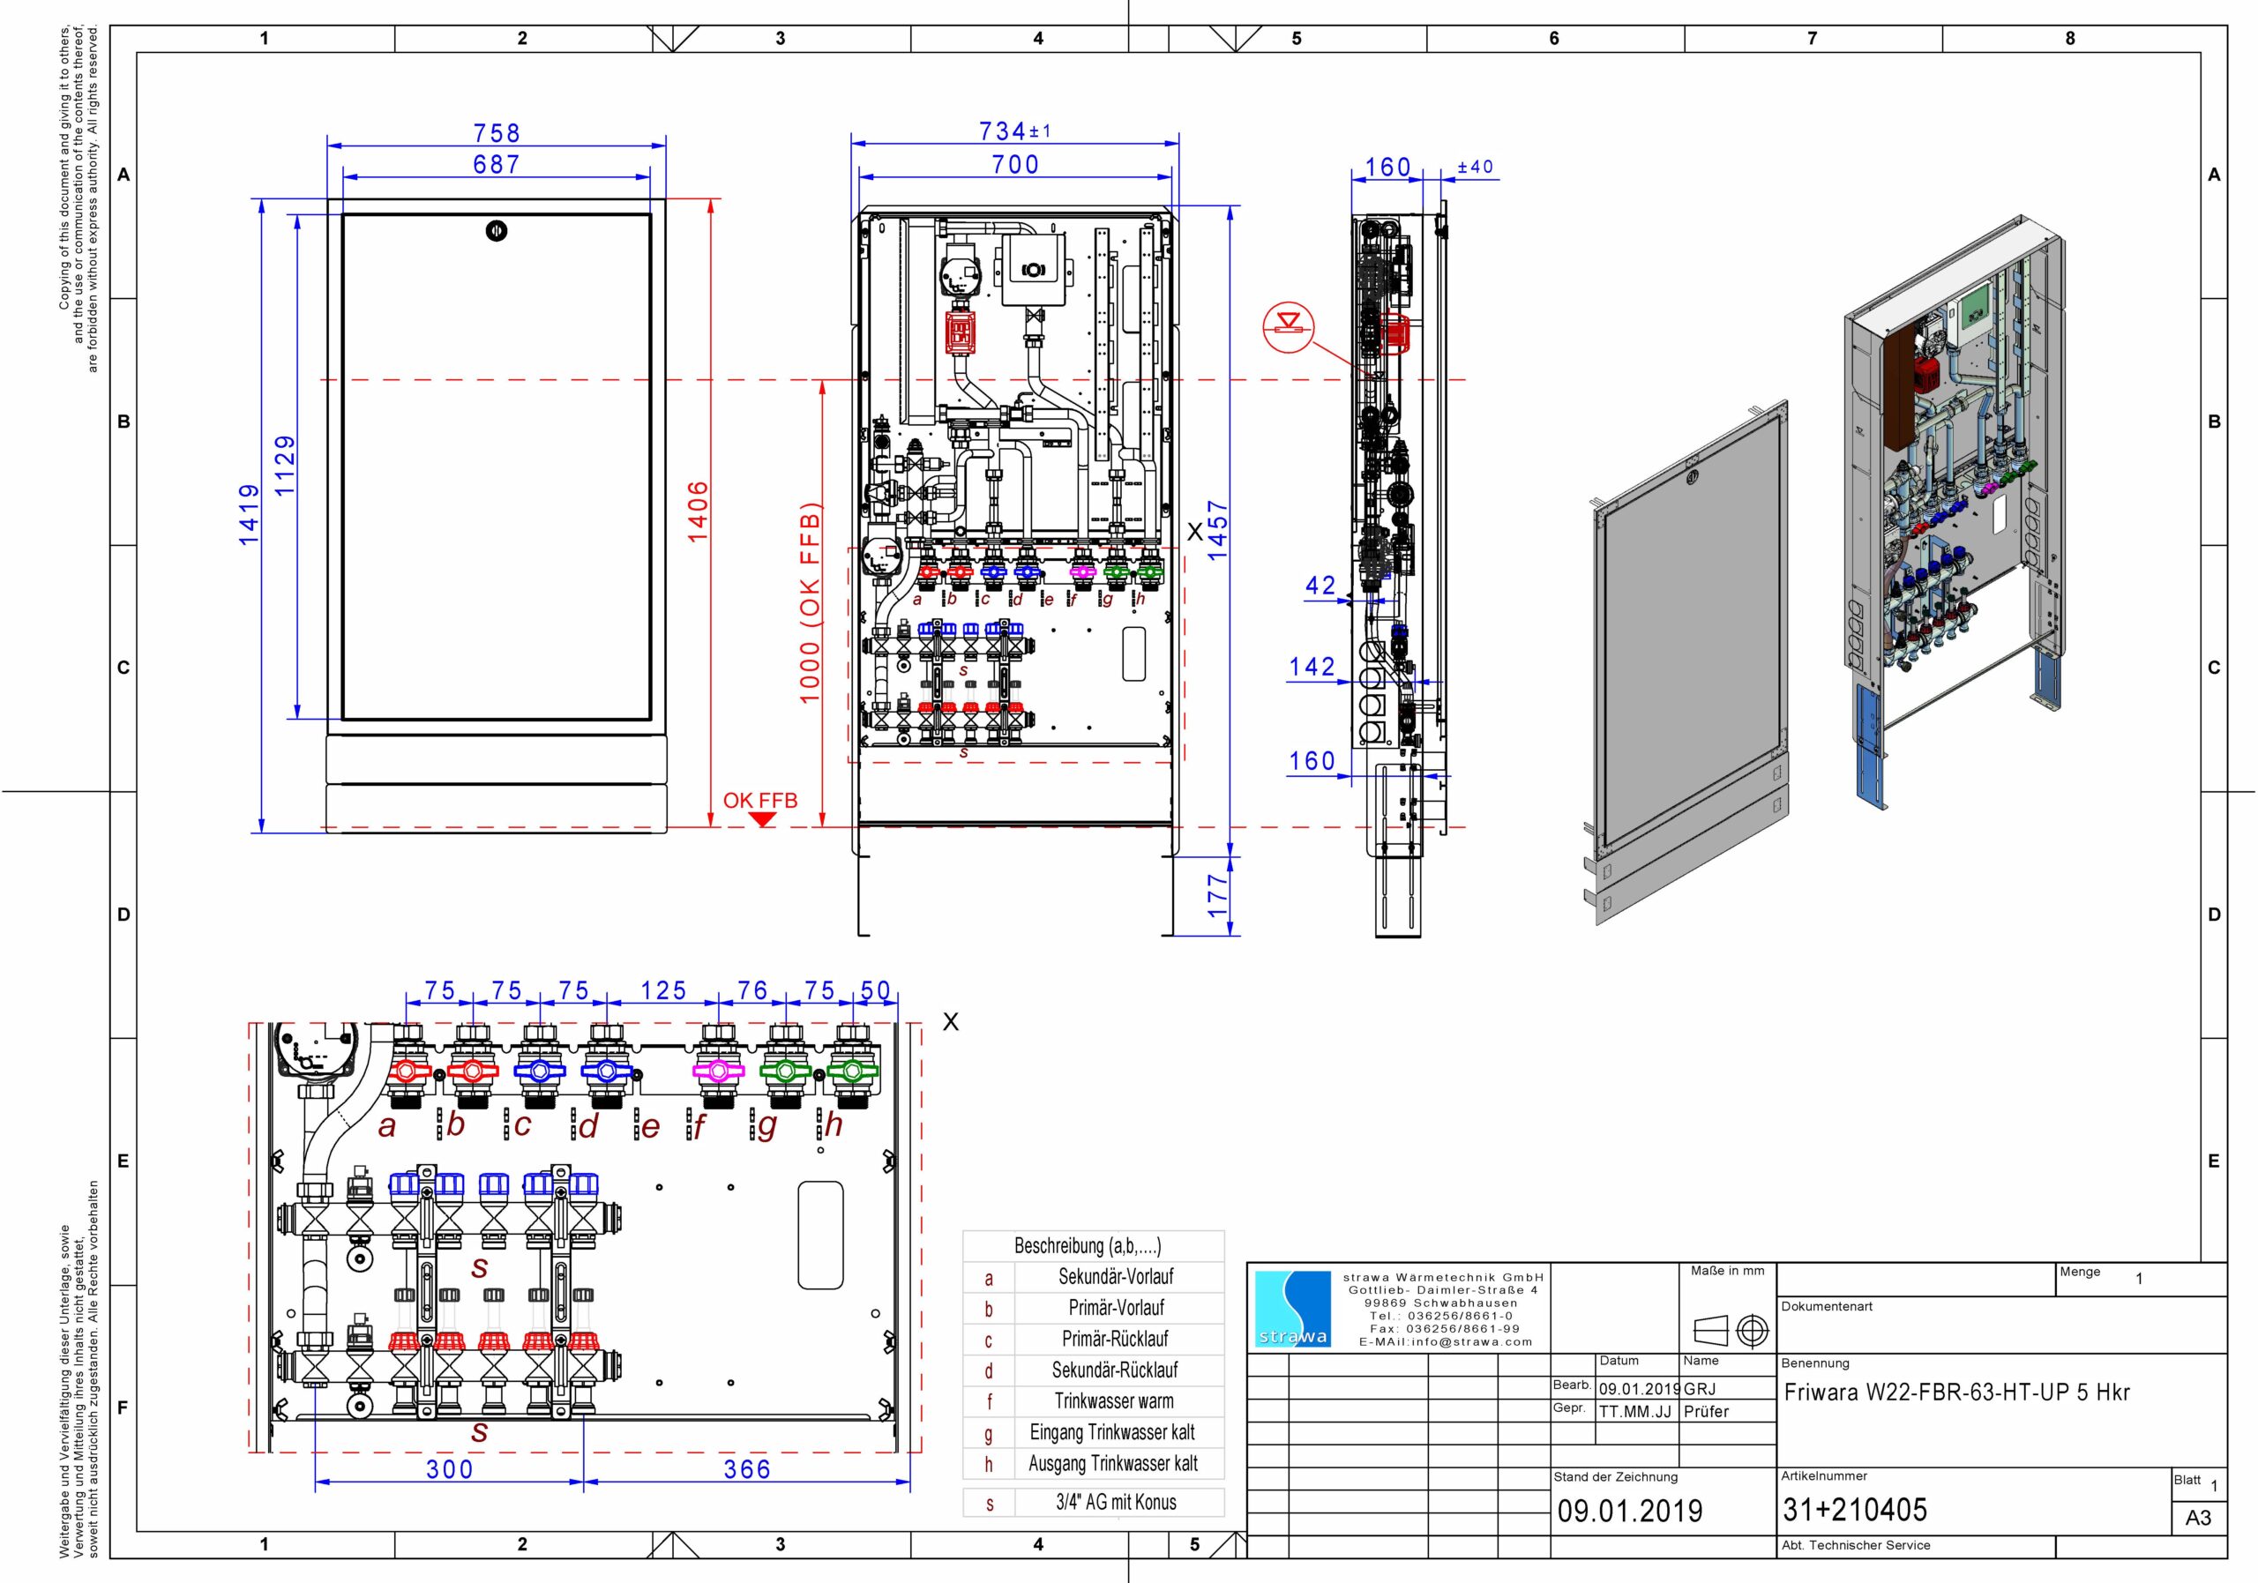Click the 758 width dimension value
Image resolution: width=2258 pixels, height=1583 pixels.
[x=497, y=133]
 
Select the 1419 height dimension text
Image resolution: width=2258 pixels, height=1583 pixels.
[x=249, y=514]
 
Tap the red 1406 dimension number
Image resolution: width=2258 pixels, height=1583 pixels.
[x=698, y=511]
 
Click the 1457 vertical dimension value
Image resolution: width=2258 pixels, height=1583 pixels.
[x=1217, y=531]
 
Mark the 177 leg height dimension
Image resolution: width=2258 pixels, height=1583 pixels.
[x=1217, y=896]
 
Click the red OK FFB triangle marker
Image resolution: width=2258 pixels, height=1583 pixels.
[x=761, y=819]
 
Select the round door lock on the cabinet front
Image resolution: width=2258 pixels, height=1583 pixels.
[x=497, y=232]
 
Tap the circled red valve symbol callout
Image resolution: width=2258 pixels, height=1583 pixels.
[x=1289, y=327]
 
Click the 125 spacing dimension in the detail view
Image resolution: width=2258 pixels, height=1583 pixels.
[x=664, y=991]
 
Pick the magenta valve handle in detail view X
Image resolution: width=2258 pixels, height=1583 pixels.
[x=717, y=1071]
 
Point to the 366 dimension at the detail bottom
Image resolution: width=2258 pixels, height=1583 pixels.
[x=747, y=1469]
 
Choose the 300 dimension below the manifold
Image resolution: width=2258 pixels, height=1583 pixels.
[x=450, y=1469]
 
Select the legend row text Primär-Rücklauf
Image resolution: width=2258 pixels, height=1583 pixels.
[x=1115, y=1340]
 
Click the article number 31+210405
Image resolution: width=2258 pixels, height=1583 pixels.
[x=1856, y=1509]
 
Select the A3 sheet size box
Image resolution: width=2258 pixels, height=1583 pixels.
[x=2198, y=1518]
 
